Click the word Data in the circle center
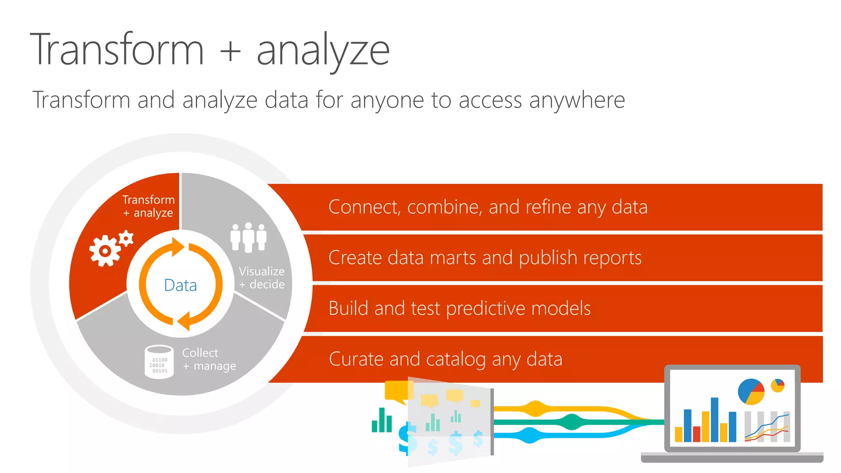pyautogui.click(x=180, y=285)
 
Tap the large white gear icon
pyautogui.click(x=105, y=251)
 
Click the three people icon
pyautogui.click(x=248, y=237)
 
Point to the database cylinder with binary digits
pyautogui.click(x=159, y=362)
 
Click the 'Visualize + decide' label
pyautogui.click(x=262, y=278)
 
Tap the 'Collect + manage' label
pyautogui.click(x=209, y=359)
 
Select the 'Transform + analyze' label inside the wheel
pyautogui.click(x=148, y=206)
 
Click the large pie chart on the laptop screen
pyautogui.click(x=751, y=391)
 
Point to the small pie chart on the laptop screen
pyautogui.click(x=777, y=385)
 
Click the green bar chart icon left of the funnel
pyautogui.click(x=381, y=421)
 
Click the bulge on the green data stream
pyautogui.click(x=570, y=422)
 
